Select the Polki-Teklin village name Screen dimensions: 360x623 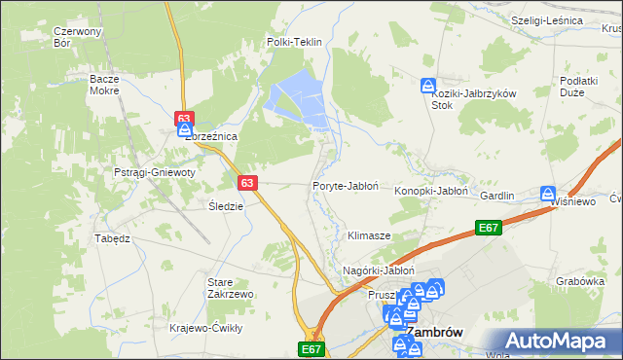tap(294, 42)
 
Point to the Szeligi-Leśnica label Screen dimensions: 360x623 tap(546, 19)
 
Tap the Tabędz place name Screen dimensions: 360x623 tap(112, 238)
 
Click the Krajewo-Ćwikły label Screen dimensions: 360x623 tap(205, 328)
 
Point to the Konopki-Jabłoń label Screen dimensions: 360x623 tap(432, 192)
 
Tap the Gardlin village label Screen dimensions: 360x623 tap(496, 196)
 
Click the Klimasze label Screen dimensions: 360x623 tap(369, 236)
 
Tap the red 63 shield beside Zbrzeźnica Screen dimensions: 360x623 tap(185, 119)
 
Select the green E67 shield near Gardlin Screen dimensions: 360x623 tap(490, 228)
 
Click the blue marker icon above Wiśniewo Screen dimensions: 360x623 tap(548, 194)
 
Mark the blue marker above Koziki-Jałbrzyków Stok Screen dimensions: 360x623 tap(427, 87)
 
